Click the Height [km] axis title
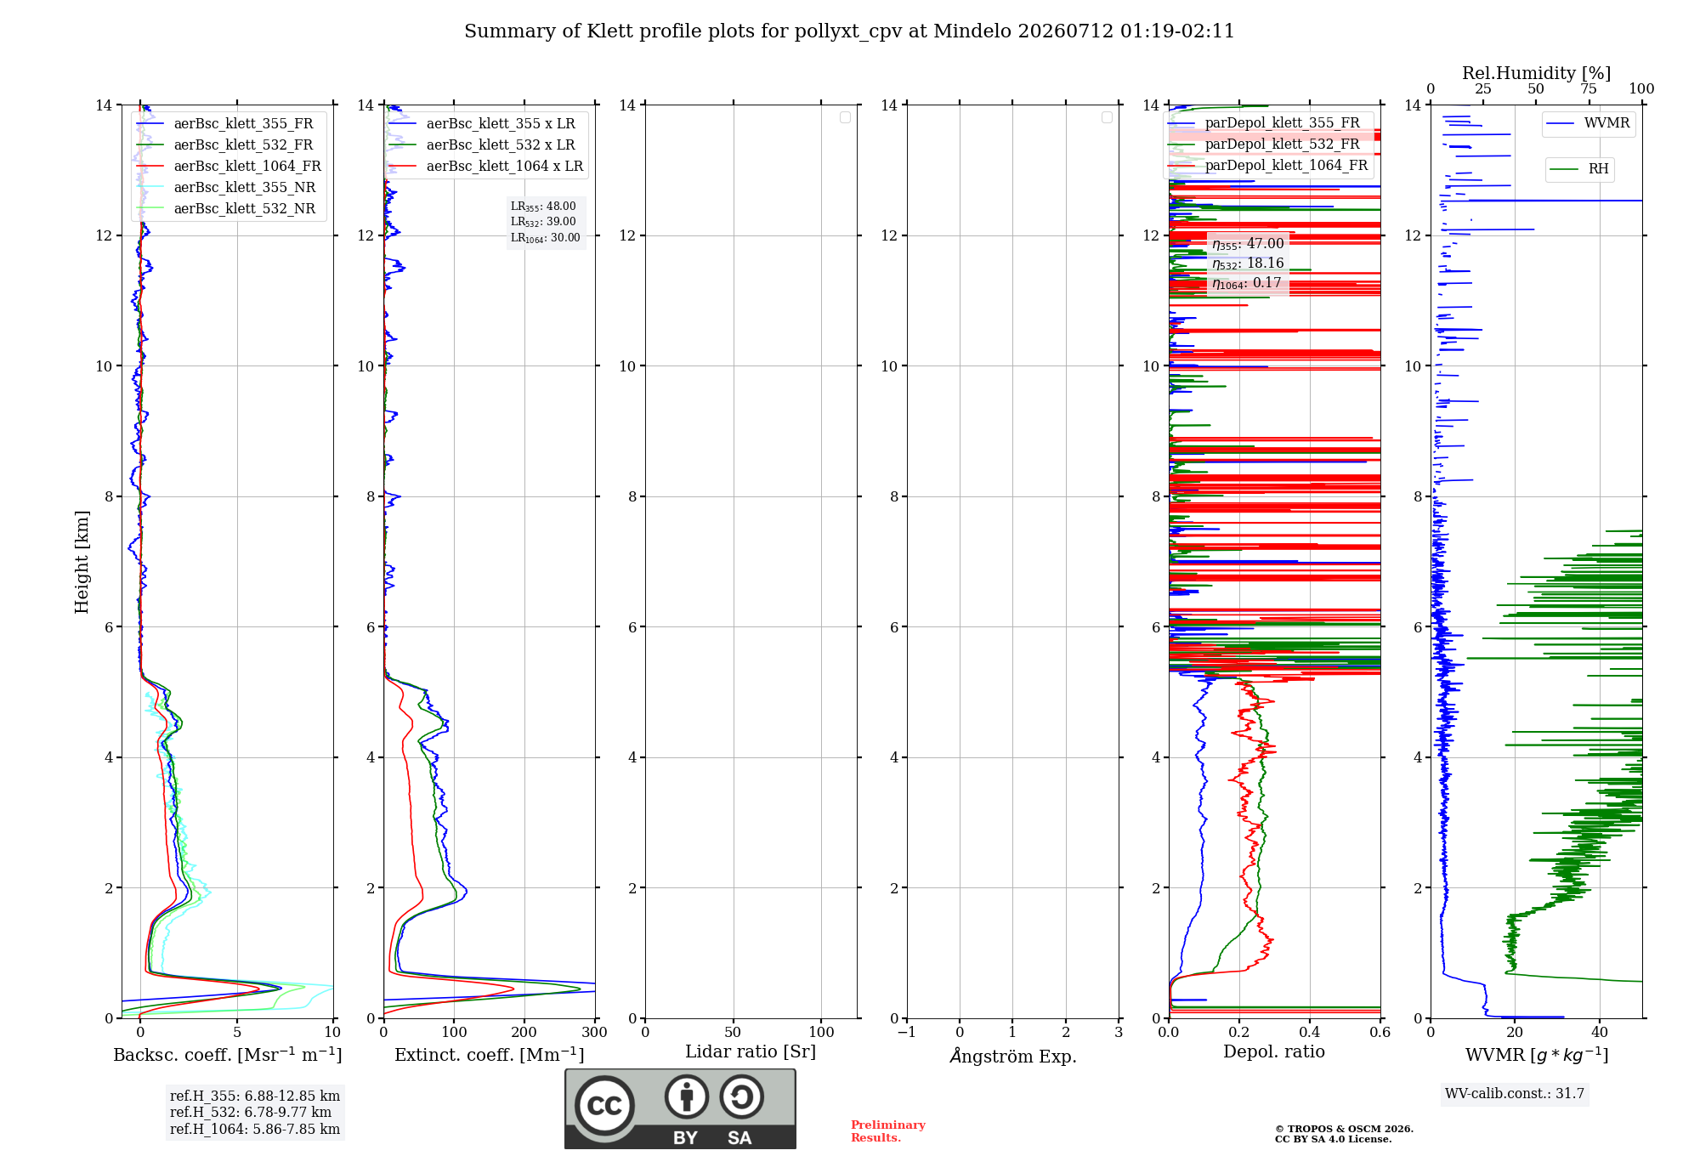point(82,562)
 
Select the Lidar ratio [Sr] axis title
point(751,1052)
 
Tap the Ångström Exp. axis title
point(1013,1056)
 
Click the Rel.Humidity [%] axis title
point(1537,73)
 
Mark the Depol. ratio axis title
point(1274,1052)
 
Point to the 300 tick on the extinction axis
point(595,1032)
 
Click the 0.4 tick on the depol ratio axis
point(1310,1032)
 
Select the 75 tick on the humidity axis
point(1589,89)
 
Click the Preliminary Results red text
point(888,1131)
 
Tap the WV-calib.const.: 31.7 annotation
point(1515,1094)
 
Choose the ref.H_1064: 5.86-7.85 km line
point(255,1130)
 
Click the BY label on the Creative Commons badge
point(685,1138)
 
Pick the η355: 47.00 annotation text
point(1248,244)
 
